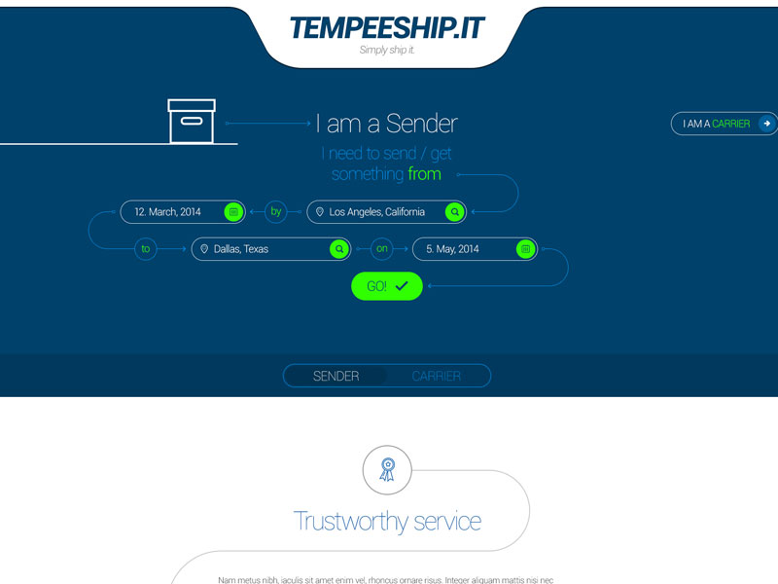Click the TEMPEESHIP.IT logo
coord(386,28)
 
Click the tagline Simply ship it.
coord(387,51)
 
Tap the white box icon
coord(192,121)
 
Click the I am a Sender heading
coord(386,124)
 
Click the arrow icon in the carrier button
coord(767,124)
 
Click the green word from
coord(424,174)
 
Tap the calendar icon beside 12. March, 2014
coord(233,212)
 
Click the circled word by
coord(275,212)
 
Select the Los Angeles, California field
coord(377,212)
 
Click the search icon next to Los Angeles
coord(454,212)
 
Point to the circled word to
coord(146,249)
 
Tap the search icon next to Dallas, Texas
coord(339,249)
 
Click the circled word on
coord(382,249)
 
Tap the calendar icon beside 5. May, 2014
coord(525,249)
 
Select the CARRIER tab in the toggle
coord(437,377)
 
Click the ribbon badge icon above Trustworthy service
coord(387,470)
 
